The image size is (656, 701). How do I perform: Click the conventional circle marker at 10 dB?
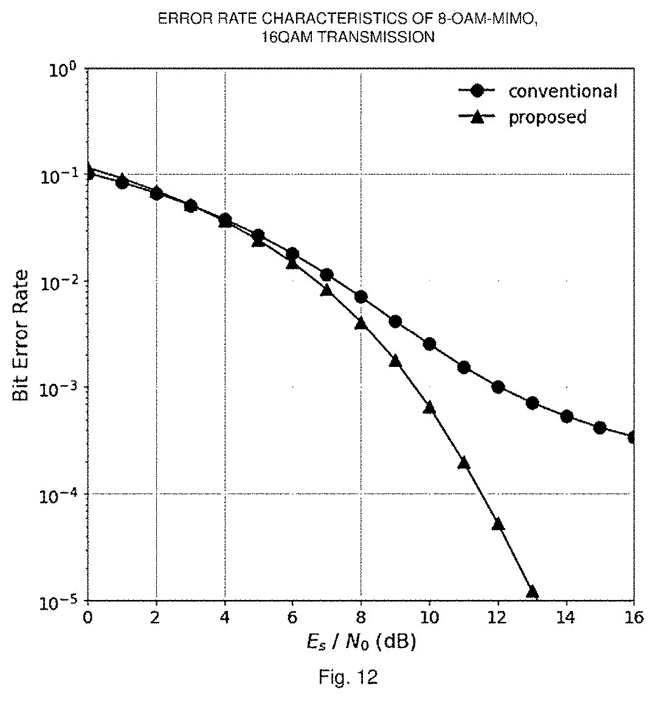(x=429, y=344)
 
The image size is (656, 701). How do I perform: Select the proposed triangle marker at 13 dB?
(x=533, y=592)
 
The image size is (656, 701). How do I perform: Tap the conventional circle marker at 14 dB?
(x=567, y=417)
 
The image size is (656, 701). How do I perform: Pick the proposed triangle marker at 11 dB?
(x=464, y=462)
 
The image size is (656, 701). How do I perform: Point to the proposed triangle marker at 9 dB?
(x=395, y=361)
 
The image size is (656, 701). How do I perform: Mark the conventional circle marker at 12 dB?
(x=499, y=387)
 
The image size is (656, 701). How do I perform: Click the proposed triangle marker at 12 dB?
(x=499, y=524)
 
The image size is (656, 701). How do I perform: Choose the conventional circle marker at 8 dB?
(x=361, y=297)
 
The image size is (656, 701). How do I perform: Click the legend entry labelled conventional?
(x=538, y=91)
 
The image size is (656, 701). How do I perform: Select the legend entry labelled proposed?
(x=522, y=117)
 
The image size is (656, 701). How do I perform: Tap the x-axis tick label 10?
(x=429, y=618)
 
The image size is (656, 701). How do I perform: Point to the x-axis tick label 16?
(x=635, y=618)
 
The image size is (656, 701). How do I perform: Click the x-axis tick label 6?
(x=292, y=618)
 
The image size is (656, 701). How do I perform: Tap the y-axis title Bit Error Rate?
(x=21, y=335)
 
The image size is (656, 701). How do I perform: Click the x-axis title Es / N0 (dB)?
(x=361, y=643)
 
